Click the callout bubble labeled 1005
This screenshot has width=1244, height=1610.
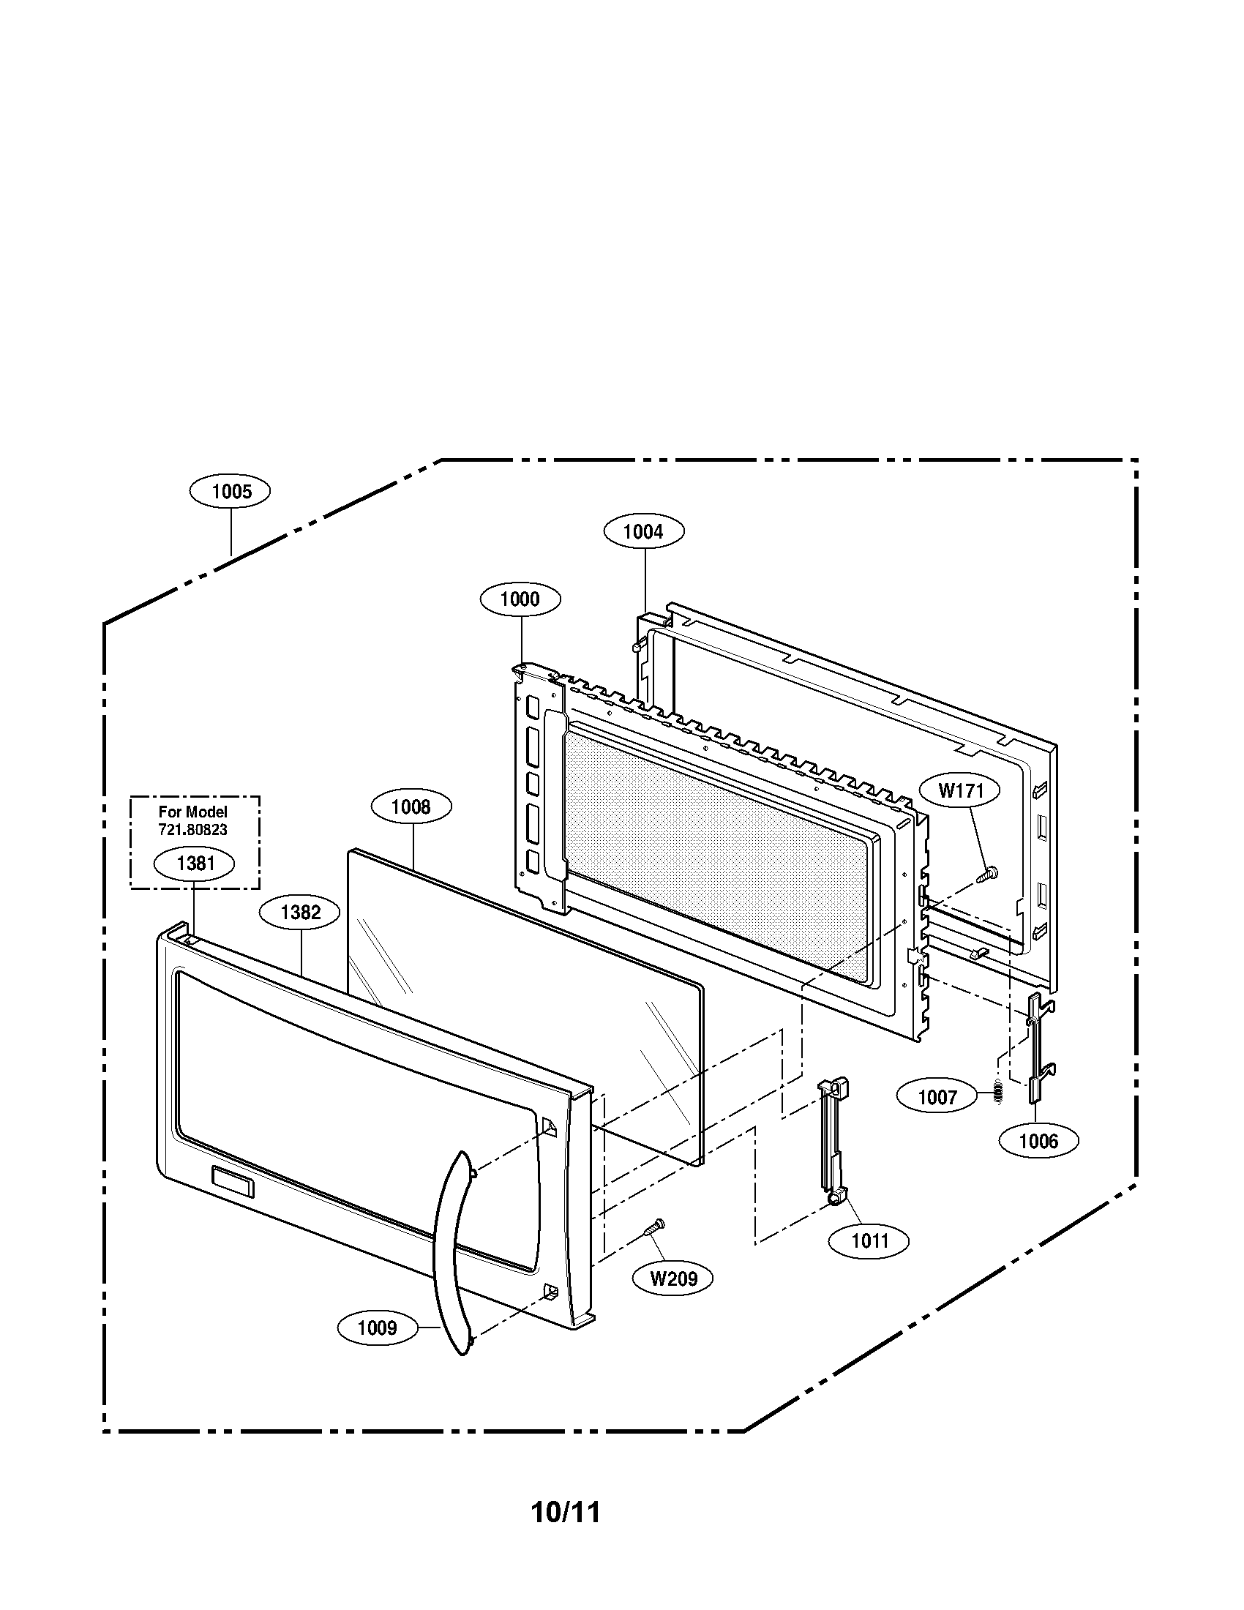coord(230,492)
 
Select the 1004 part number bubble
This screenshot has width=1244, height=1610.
coord(643,531)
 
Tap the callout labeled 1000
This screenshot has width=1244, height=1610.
coord(520,599)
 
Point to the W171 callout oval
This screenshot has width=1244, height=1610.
coord(961,792)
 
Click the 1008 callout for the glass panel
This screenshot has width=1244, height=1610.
coord(411,807)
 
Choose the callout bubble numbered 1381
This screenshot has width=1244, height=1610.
coord(195,864)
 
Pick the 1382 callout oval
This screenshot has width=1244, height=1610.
coord(300,913)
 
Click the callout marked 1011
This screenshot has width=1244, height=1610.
coord(869,1241)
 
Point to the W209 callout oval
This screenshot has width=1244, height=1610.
coord(673,1278)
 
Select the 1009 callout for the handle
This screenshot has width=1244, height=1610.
coord(378,1328)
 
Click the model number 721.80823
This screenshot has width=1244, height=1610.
coord(193,829)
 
